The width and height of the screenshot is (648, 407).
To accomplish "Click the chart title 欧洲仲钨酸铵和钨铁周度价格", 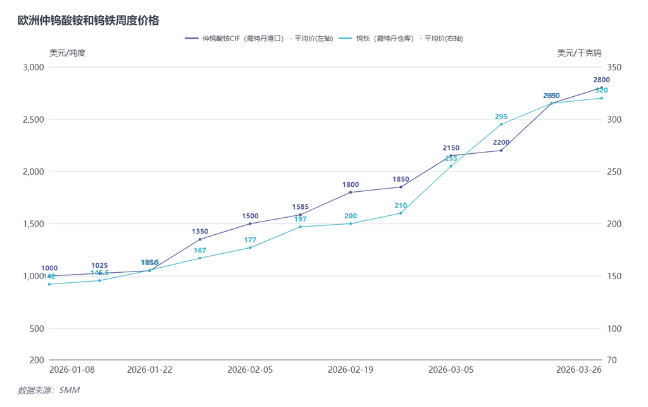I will [88, 20].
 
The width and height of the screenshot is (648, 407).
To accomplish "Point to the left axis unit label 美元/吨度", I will [67, 53].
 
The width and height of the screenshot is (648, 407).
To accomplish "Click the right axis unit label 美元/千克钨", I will [579, 53].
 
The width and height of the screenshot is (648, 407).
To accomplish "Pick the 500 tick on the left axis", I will [37, 329].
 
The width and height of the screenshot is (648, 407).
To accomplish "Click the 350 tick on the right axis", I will [614, 67].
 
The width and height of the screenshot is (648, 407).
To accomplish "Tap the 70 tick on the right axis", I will [611, 360].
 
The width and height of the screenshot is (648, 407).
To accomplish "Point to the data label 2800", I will [602, 80].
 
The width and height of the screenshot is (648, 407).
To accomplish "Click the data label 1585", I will [301, 207].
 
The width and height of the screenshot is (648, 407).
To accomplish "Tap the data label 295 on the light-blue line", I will [501, 116].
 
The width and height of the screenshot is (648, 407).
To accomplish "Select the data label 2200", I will [501, 142].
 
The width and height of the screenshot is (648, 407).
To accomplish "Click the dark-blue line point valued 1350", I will [200, 239].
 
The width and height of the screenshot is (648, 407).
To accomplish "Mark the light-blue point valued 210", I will [401, 213].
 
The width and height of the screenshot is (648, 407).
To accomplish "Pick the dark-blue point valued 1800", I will [351, 192].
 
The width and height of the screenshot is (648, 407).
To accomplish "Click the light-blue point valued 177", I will [250, 247].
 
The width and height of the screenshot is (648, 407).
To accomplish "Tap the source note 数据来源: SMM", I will [49, 391].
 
